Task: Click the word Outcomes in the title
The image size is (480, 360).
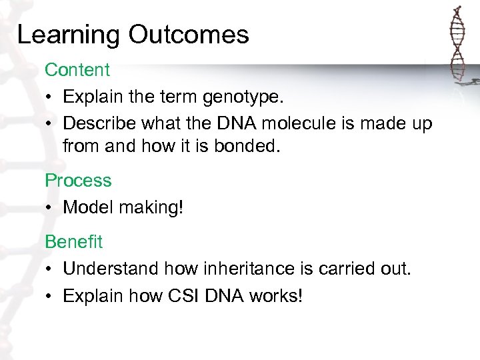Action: pos(189,35)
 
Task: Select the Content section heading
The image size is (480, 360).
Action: pos(77,69)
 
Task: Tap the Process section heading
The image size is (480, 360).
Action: pos(78,181)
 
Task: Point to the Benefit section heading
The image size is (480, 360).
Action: pos(74,241)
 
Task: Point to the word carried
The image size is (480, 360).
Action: pos(348,269)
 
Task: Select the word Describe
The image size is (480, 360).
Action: pos(97,124)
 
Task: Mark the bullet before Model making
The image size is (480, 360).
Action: pos(49,208)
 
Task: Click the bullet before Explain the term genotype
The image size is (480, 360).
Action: pos(49,97)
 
